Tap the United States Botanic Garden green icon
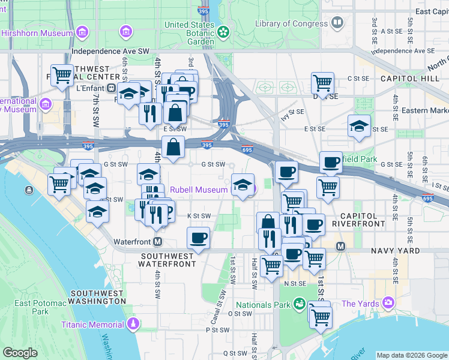pyautogui.click(x=224, y=31)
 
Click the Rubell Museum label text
pyautogui.click(x=199, y=190)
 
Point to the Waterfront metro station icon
pyautogui.click(x=158, y=242)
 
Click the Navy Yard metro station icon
pyautogui.click(x=340, y=246)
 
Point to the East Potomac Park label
pyautogui.click(x=40, y=307)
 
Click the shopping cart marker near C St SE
pyautogui.click(x=322, y=82)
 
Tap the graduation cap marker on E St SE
pyautogui.click(x=359, y=126)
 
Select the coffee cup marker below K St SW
pyautogui.click(x=198, y=238)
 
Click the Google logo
pyautogui.click(x=20, y=353)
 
